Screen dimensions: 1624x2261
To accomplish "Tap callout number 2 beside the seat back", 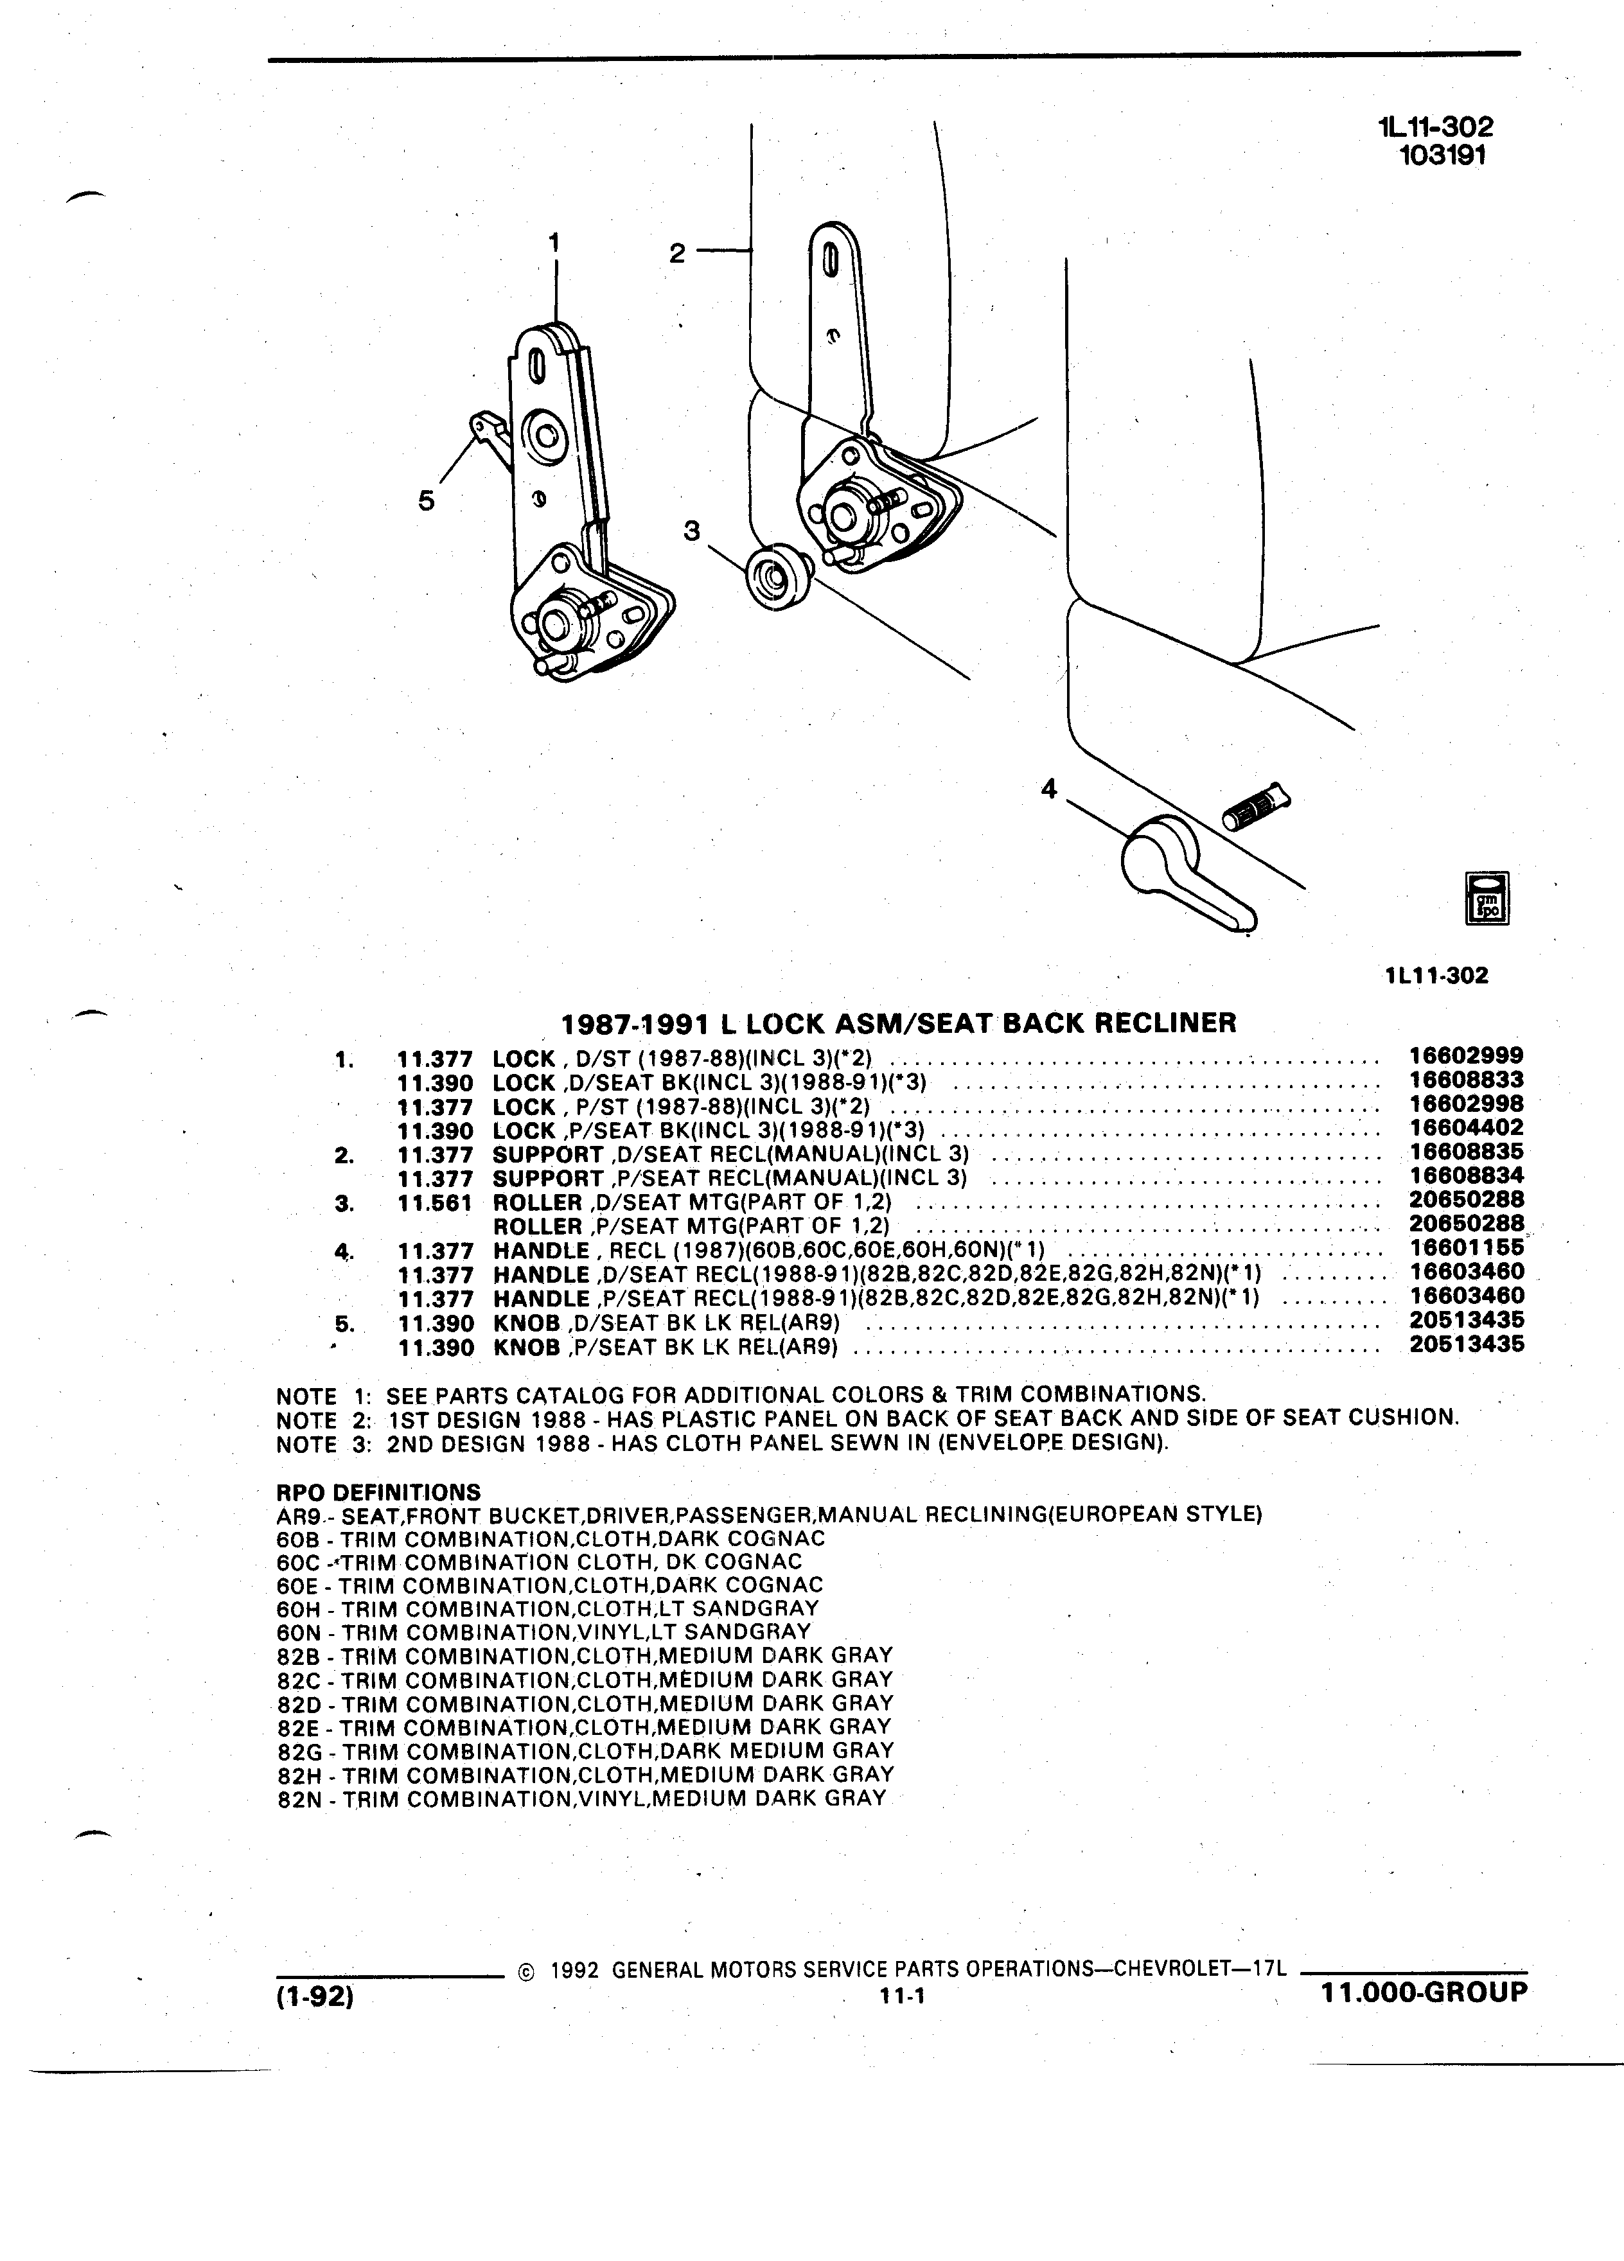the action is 677,253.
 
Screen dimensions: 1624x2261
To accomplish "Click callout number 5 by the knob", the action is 427,500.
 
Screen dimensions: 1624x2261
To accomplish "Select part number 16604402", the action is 1467,1127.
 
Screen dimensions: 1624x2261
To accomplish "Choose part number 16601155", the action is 1467,1247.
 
